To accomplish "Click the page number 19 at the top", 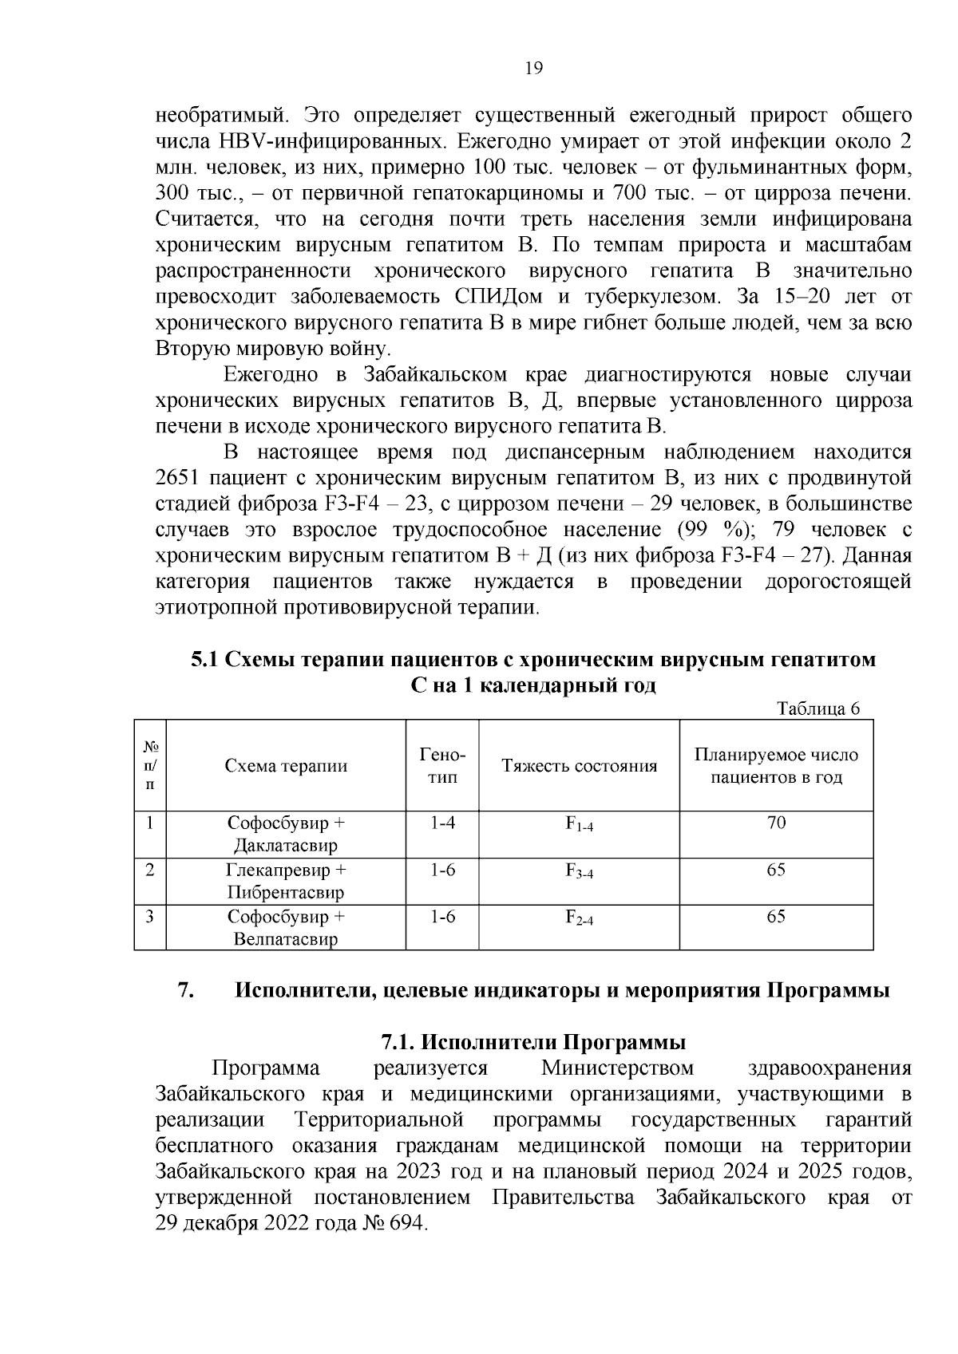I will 533,69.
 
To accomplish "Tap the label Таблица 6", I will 818,709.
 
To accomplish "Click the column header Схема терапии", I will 286,766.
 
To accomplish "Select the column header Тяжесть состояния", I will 579,766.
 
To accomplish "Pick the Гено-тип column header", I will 442,766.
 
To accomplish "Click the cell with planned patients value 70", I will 776,823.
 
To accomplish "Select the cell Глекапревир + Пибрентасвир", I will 286,881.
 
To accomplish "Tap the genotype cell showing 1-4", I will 442,823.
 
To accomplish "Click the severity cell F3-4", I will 579,871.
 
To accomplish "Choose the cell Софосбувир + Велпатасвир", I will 286,928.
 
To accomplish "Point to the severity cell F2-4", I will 579,918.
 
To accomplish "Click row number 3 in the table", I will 150,916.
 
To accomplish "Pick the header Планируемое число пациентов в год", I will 776,766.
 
